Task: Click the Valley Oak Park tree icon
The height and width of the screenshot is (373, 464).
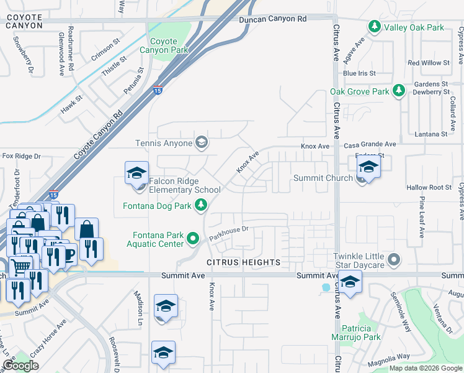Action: (x=374, y=27)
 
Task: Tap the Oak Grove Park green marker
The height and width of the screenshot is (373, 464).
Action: (x=399, y=91)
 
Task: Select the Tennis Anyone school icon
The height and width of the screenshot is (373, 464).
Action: (x=200, y=143)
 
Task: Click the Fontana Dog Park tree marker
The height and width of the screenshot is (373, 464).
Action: (x=200, y=205)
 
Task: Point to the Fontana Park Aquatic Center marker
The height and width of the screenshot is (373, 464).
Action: (x=193, y=237)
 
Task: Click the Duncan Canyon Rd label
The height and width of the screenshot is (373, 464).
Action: (x=273, y=19)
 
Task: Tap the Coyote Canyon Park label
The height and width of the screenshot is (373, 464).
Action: (x=163, y=45)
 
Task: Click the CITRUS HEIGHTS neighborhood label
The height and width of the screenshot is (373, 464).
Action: (x=243, y=262)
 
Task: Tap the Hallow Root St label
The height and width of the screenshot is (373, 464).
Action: (x=429, y=187)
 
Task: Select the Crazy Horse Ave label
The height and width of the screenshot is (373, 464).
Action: (x=48, y=334)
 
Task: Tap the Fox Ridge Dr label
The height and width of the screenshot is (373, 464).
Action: (x=21, y=156)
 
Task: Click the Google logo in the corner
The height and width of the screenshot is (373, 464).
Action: (x=21, y=366)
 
